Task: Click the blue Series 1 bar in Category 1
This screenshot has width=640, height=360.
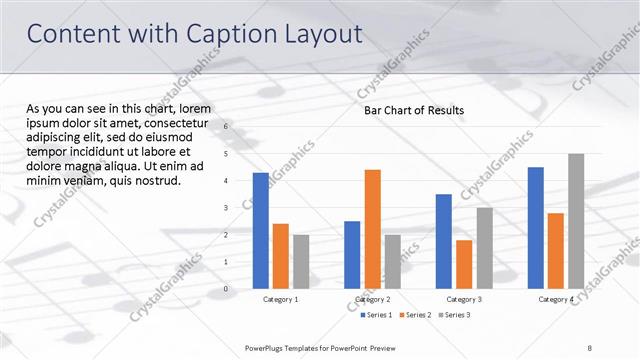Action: point(260,231)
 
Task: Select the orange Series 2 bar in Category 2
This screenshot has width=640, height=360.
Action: point(372,229)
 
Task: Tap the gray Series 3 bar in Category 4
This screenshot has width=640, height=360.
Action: point(576,221)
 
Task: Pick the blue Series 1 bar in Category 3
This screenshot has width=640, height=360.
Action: point(444,241)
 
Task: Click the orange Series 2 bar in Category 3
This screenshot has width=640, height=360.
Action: point(464,264)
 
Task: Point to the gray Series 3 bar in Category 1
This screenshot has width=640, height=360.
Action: point(301,262)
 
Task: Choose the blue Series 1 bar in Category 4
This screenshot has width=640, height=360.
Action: point(536,228)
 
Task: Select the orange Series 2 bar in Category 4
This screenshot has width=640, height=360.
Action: point(556,251)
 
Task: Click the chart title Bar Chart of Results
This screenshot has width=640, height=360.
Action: point(413,110)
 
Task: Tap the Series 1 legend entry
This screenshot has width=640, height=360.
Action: point(375,315)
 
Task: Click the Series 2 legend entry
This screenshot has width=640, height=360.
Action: point(416,315)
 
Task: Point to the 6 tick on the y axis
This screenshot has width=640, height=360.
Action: point(226,127)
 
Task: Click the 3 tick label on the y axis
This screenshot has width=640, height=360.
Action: point(226,208)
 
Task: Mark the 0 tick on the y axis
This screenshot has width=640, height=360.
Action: point(226,289)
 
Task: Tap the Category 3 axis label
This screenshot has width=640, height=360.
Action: point(464,300)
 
